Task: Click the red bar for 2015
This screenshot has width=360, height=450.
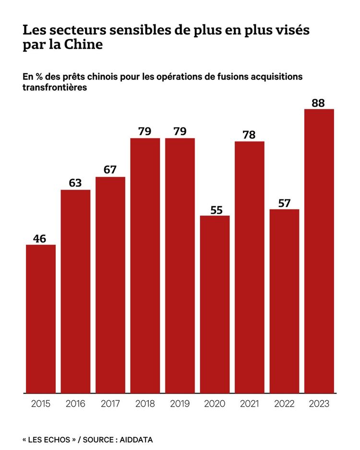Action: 41,319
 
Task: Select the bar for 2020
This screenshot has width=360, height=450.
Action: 215,304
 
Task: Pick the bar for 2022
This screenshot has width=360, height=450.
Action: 284,301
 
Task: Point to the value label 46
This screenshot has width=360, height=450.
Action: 41,238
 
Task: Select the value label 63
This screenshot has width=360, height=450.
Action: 75,183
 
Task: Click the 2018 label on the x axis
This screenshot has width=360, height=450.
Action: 145,404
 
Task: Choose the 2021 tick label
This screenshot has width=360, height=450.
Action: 250,404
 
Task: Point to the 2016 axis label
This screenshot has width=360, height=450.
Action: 75,404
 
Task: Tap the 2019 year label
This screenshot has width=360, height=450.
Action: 180,404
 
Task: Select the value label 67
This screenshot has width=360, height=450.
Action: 110,170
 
